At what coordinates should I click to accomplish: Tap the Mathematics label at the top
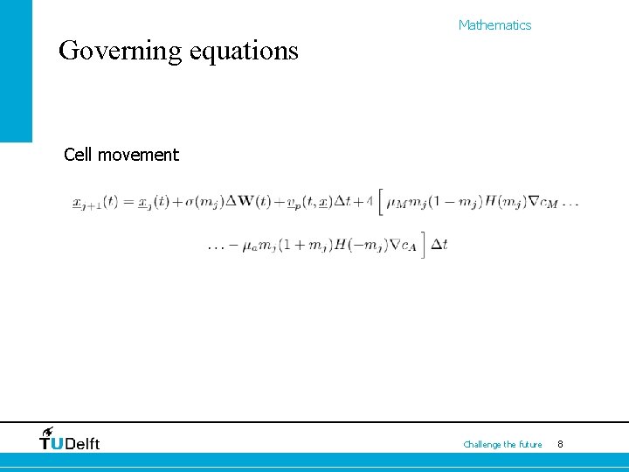(494, 25)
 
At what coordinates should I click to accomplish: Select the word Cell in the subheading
(79, 155)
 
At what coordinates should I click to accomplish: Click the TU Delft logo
(70, 440)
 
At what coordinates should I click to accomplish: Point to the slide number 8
(560, 445)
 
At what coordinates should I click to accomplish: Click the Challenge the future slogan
(502, 445)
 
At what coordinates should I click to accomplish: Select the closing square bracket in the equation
(423, 245)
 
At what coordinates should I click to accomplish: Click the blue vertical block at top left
(16, 70)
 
